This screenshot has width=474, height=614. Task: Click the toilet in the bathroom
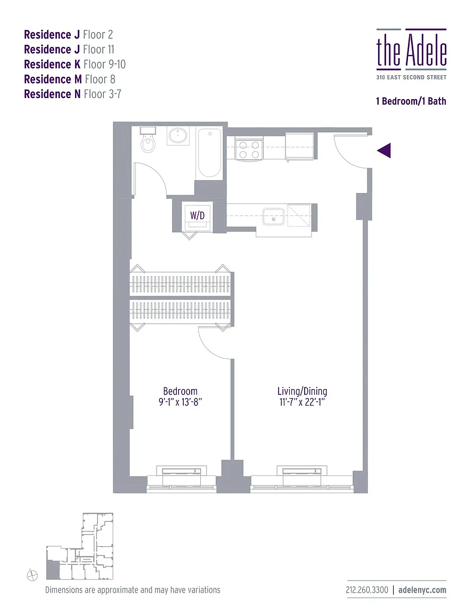point(148,141)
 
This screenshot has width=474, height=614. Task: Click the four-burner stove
point(249,149)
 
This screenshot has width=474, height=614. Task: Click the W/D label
point(197,216)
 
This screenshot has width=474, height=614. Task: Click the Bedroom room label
point(180,391)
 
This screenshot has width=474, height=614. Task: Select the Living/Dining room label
point(302,391)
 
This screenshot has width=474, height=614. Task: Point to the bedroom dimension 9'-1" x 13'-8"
point(180,402)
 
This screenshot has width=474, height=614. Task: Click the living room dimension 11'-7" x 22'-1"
point(302,402)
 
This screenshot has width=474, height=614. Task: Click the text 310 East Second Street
point(411,77)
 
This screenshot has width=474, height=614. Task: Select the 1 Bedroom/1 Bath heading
point(411,101)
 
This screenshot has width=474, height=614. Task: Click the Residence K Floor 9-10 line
point(75,64)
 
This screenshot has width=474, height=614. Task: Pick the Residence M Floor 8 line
point(69,79)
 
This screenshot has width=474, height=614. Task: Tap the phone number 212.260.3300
point(367,590)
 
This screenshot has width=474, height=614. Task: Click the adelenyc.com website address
point(422,590)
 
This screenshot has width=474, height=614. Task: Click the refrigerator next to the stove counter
point(300,146)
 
